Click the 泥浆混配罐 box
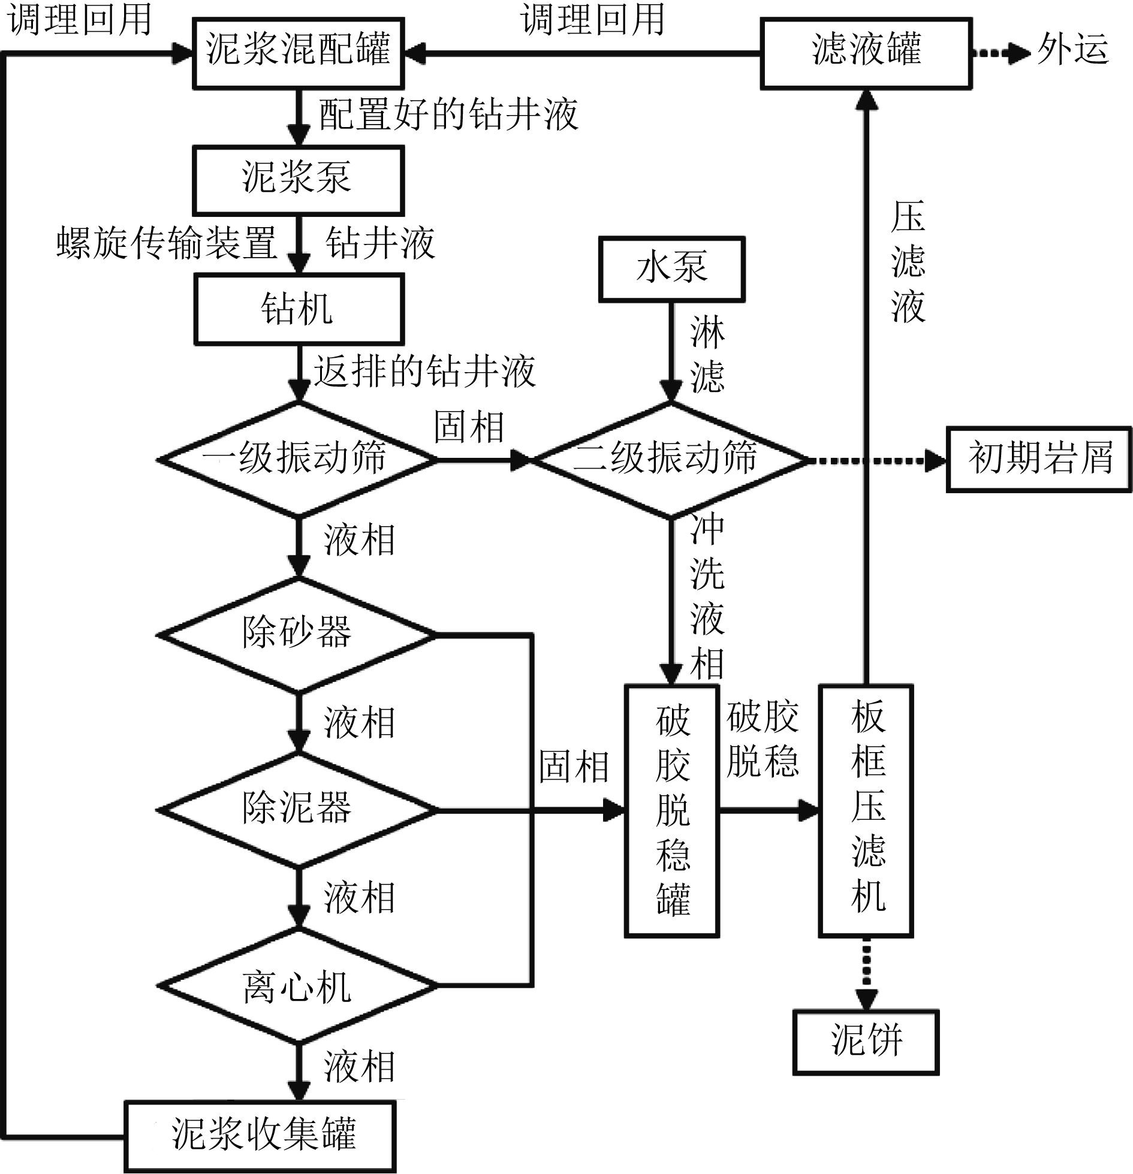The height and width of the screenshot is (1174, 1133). [298, 53]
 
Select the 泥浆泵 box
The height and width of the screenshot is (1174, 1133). [298, 180]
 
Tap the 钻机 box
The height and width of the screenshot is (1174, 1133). [298, 309]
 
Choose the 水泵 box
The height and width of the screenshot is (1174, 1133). [671, 268]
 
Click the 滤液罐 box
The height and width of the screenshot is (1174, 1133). [866, 53]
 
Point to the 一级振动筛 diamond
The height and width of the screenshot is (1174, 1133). [298, 459]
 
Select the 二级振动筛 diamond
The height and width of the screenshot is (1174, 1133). [670, 459]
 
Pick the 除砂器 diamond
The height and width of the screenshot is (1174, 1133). [298, 634]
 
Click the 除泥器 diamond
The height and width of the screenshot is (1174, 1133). [298, 809]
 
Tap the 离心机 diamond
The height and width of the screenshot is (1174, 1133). [298, 985]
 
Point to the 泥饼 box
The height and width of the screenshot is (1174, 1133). [866, 1042]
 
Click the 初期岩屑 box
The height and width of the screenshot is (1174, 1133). [1039, 459]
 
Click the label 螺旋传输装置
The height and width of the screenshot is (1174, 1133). [166, 243]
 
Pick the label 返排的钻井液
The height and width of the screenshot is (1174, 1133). [424, 372]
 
